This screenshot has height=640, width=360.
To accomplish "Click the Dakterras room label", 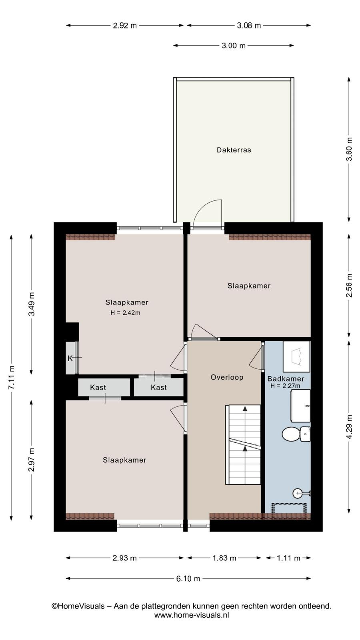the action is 234,150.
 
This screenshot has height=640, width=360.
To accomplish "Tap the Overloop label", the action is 227,377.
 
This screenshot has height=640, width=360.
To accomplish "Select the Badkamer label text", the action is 286,379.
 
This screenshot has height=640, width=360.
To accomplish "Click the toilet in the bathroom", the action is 296,434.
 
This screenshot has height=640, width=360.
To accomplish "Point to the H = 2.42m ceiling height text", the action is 126,312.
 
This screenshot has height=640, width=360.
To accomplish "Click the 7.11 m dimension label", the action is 12,377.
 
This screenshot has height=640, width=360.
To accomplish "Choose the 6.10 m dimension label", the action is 188,578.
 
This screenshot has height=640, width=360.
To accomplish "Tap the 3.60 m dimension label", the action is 349,149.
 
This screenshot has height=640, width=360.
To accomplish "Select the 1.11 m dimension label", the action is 288,558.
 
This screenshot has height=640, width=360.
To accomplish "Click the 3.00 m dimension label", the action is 234,46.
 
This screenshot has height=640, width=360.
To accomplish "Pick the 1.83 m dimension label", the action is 224,558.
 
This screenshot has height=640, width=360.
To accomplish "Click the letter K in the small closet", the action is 70,358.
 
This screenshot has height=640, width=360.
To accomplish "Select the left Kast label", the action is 98,388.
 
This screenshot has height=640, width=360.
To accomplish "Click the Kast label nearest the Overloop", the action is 158,388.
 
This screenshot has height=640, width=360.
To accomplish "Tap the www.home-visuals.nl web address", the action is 192,615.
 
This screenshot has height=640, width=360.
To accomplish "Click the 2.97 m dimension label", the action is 32,460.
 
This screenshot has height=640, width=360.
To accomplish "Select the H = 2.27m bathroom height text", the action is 286,386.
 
